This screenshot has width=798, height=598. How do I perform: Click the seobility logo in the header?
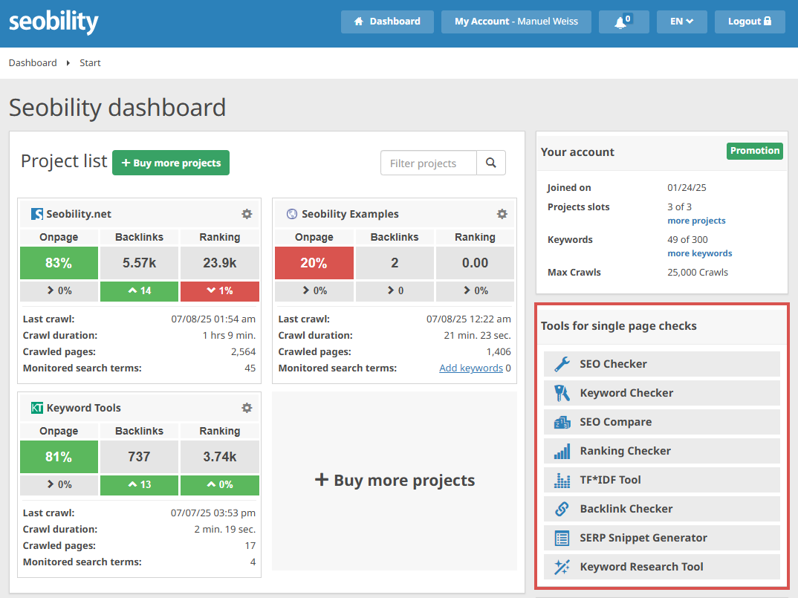click(x=53, y=22)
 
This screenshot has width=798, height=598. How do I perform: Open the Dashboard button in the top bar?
click(x=387, y=22)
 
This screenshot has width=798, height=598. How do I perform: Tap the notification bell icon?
click(x=620, y=22)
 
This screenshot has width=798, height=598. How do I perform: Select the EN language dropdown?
click(x=681, y=22)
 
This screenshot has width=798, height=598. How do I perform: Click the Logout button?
click(x=750, y=22)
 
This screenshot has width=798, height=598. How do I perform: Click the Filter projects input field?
click(x=429, y=163)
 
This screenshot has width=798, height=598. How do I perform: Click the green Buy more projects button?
click(x=170, y=163)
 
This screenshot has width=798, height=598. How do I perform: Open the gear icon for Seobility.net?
click(x=247, y=214)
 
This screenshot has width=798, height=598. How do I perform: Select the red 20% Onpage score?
click(x=314, y=263)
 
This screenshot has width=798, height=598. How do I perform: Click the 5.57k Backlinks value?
click(x=140, y=263)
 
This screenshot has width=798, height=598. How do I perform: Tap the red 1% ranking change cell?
click(x=220, y=290)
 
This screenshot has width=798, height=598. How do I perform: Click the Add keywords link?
click(x=471, y=368)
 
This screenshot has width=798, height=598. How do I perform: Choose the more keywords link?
click(x=700, y=253)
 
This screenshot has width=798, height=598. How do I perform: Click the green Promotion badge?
click(x=755, y=151)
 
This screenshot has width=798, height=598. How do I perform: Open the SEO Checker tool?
click(x=661, y=364)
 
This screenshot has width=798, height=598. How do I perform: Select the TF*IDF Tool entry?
click(x=661, y=480)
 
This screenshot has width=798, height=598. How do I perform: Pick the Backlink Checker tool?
click(x=661, y=509)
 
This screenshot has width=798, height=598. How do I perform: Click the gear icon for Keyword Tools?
click(x=247, y=408)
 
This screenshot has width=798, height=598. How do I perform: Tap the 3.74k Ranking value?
click(x=220, y=457)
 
